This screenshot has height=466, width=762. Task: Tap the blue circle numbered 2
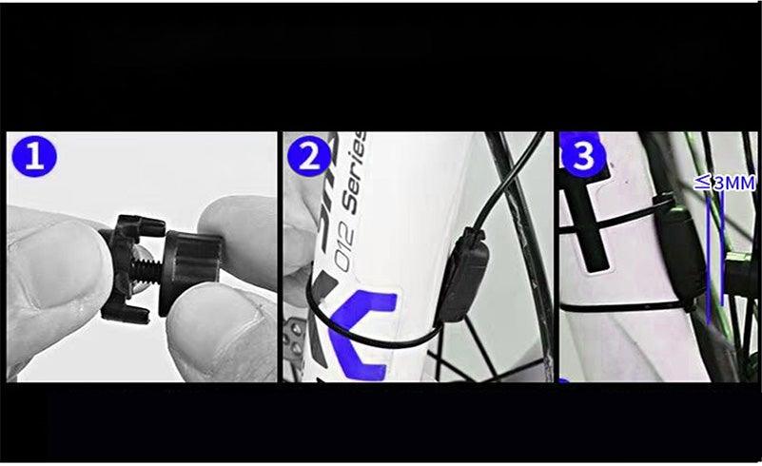(309, 156)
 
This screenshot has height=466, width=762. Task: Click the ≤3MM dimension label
(724, 182)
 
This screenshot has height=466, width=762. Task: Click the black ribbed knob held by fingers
(193, 269)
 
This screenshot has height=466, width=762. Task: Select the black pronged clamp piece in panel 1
(124, 267)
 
